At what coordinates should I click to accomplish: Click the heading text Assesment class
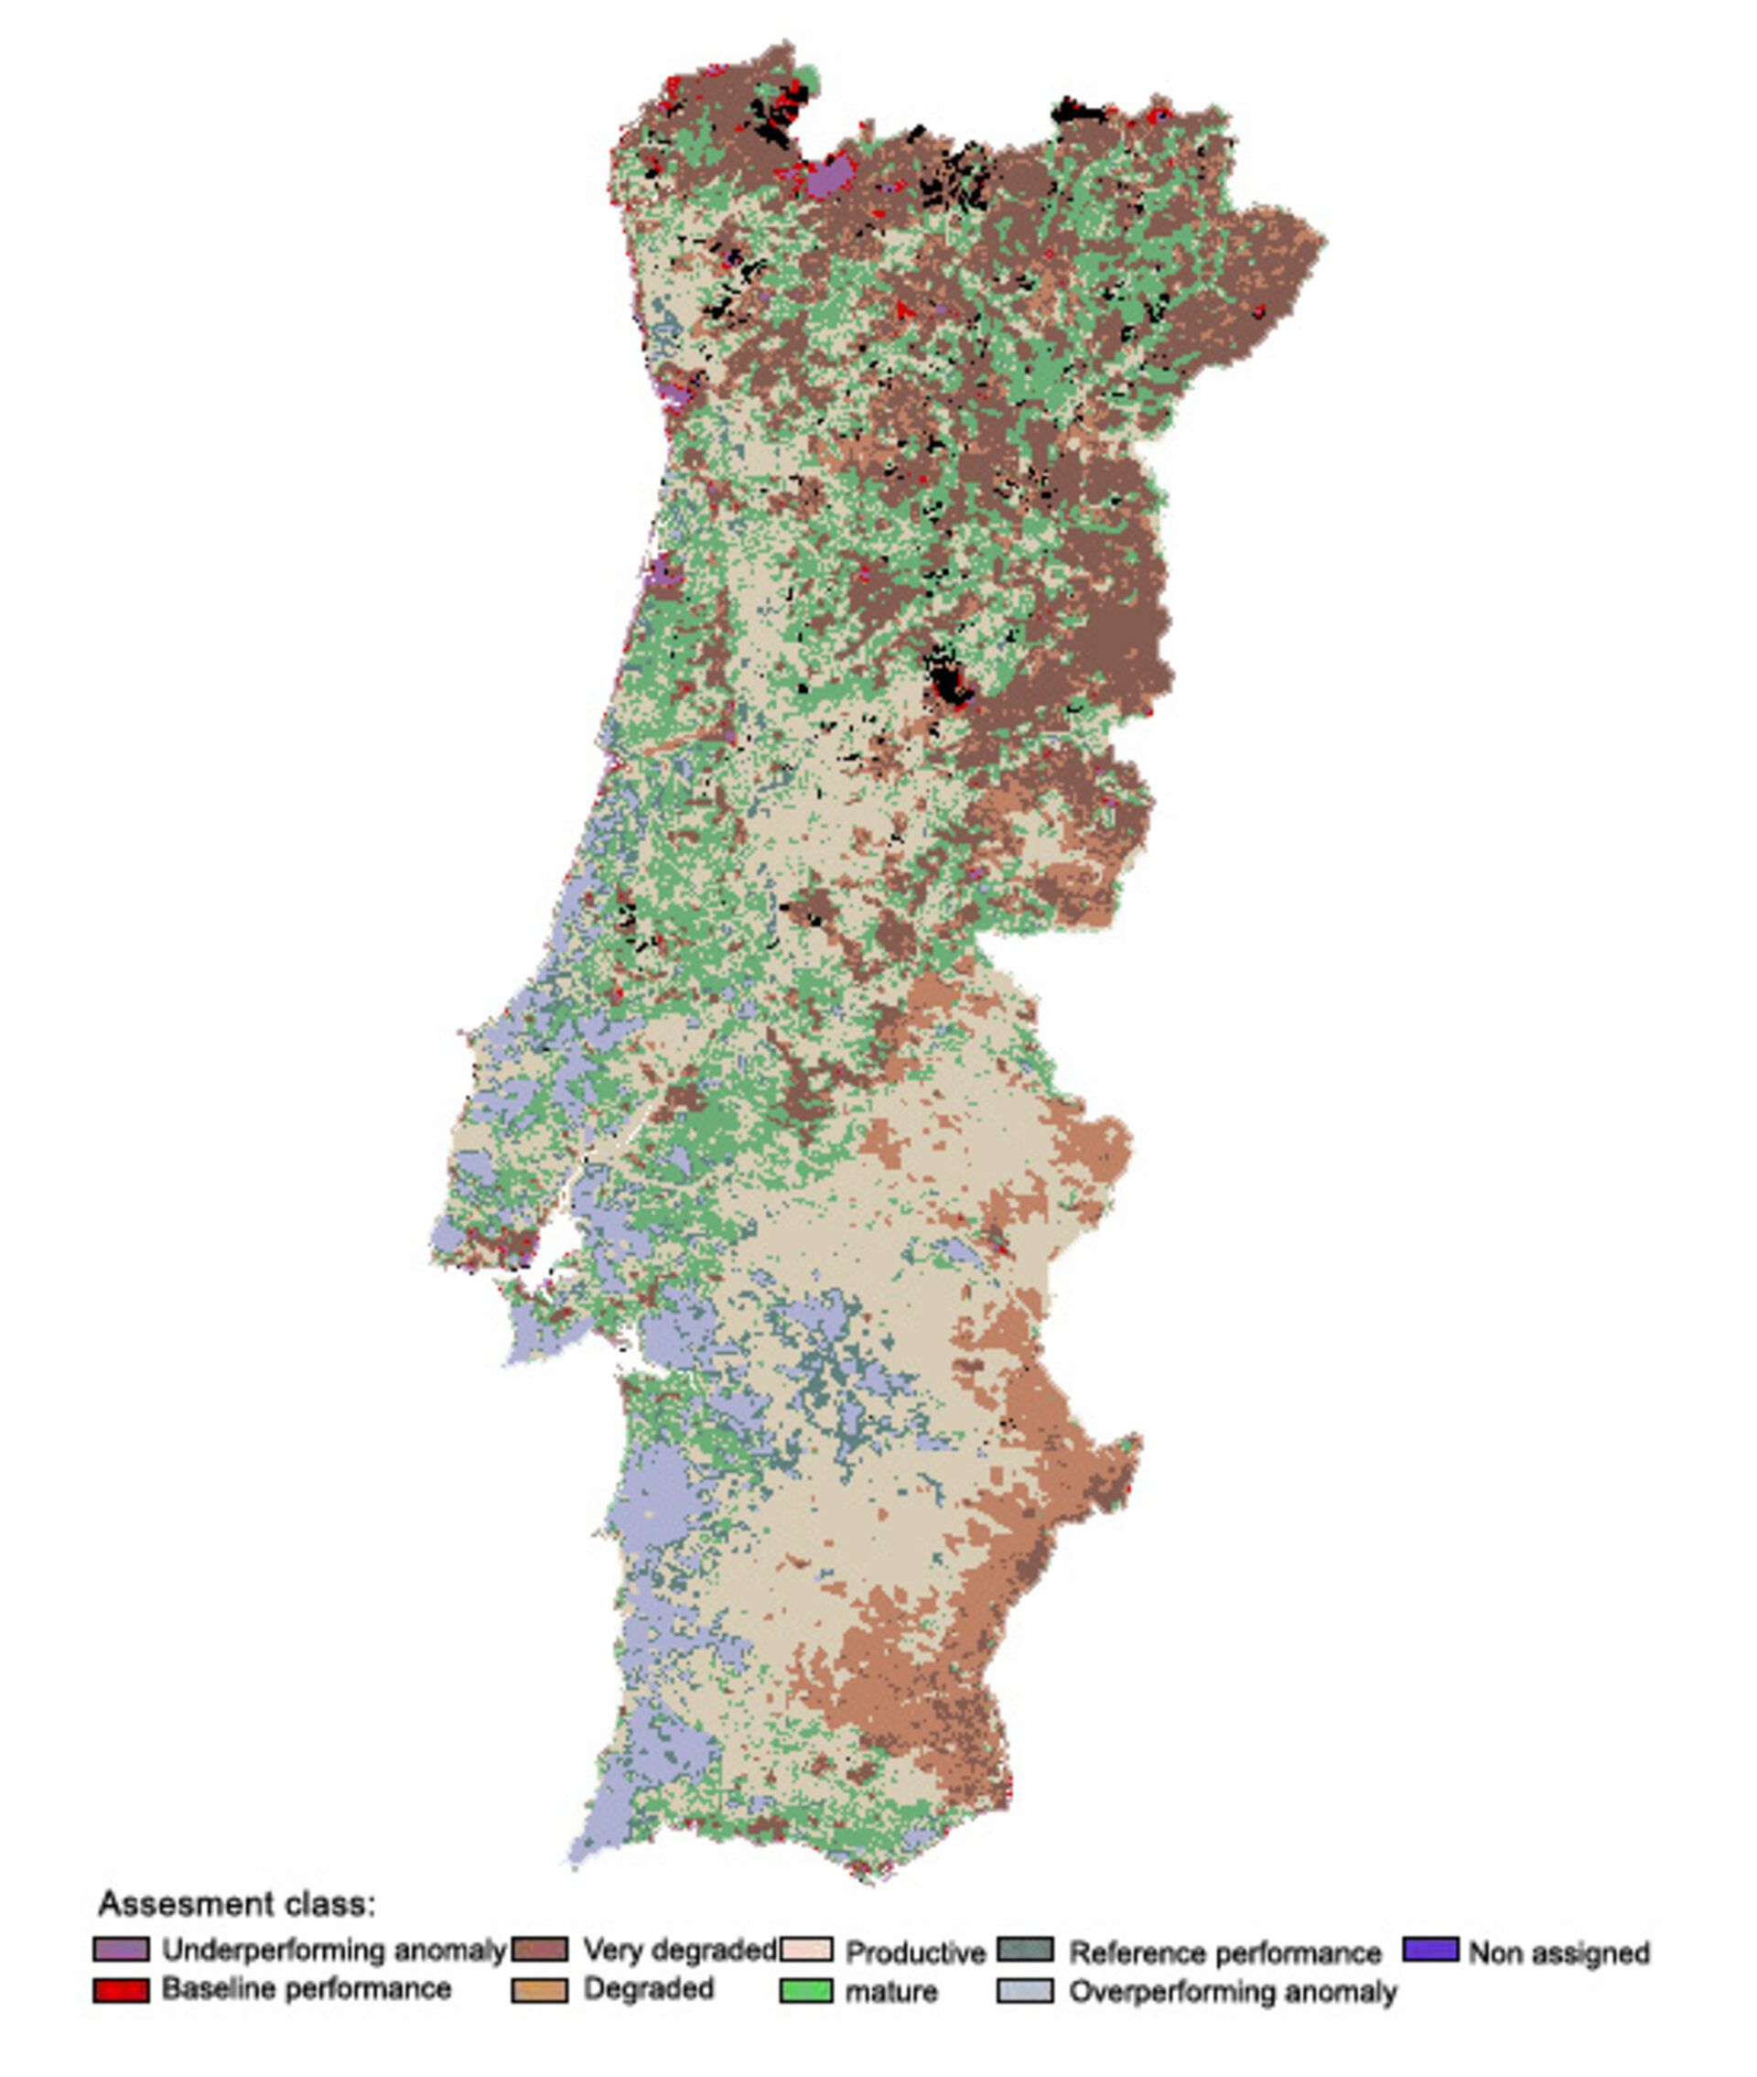(x=237, y=1904)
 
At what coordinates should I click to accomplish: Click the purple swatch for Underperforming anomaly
(x=122, y=1949)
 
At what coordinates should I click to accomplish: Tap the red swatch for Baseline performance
(x=122, y=1989)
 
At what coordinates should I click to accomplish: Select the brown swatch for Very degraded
(x=540, y=1949)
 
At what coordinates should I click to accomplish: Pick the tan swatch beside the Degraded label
(x=540, y=1989)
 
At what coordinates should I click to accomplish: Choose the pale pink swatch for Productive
(x=806, y=1950)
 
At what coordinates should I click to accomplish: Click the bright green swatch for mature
(x=806, y=1990)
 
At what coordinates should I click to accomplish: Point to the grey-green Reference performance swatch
(x=1025, y=1950)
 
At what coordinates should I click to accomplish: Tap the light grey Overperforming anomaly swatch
(x=1025, y=1990)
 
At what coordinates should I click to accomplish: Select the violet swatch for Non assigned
(x=1430, y=1949)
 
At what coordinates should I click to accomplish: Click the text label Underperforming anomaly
(x=334, y=1950)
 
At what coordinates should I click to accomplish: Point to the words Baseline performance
(x=307, y=1989)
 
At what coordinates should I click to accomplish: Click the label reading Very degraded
(x=679, y=1950)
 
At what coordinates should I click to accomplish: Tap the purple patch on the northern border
(x=827, y=179)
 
